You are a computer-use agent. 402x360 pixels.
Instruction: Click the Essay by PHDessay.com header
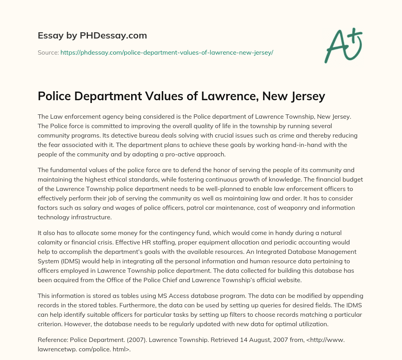(x=92, y=36)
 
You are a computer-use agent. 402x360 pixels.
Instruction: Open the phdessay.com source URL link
(x=166, y=52)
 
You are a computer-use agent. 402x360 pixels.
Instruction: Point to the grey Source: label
(x=48, y=52)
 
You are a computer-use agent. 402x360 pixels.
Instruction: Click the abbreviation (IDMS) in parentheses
(x=66, y=261)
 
